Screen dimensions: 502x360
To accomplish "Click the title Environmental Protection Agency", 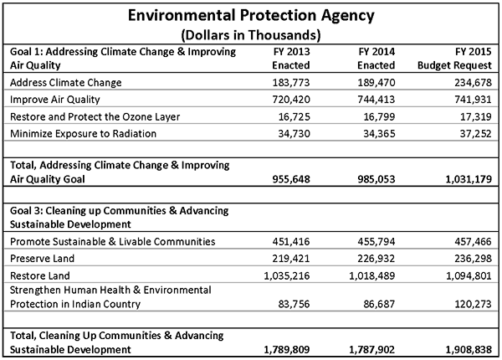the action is click(x=251, y=15).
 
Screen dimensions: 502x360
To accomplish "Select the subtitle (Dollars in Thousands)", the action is click(x=251, y=34).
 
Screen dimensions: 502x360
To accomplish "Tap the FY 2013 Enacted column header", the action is click(x=291, y=59).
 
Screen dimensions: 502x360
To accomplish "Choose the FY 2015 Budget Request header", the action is click(x=454, y=59).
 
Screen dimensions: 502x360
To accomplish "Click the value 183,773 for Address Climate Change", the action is click(x=291, y=83).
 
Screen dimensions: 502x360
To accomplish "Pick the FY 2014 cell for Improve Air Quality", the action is click(x=376, y=100).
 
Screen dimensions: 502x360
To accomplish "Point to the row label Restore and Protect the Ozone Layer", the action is click(x=95, y=116).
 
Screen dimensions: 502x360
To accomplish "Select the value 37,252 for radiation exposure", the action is click(x=475, y=134).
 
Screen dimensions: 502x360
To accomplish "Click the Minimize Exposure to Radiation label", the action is click(x=83, y=134).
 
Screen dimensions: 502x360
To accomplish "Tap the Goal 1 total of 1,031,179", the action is click(x=469, y=179).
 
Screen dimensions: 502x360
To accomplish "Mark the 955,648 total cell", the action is click(x=291, y=179).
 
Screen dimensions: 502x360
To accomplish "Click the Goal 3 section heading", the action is click(x=119, y=218).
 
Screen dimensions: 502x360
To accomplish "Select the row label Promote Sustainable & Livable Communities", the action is click(x=113, y=241).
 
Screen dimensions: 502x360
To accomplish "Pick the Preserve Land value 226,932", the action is click(x=376, y=259).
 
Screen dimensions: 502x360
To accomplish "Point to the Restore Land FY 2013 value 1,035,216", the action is click(x=287, y=275).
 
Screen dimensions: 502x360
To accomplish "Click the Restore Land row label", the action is click(x=40, y=275).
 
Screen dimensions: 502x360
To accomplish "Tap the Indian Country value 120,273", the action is click(x=473, y=304).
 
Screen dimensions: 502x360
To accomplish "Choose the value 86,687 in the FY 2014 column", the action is click(x=379, y=304).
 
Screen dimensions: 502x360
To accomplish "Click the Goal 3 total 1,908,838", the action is click(x=469, y=349).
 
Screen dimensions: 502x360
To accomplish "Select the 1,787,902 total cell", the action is click(x=372, y=349).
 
